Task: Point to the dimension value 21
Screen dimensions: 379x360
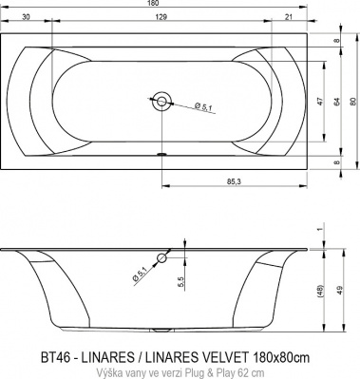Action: click(x=288, y=17)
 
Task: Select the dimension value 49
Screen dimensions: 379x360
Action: click(x=337, y=290)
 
